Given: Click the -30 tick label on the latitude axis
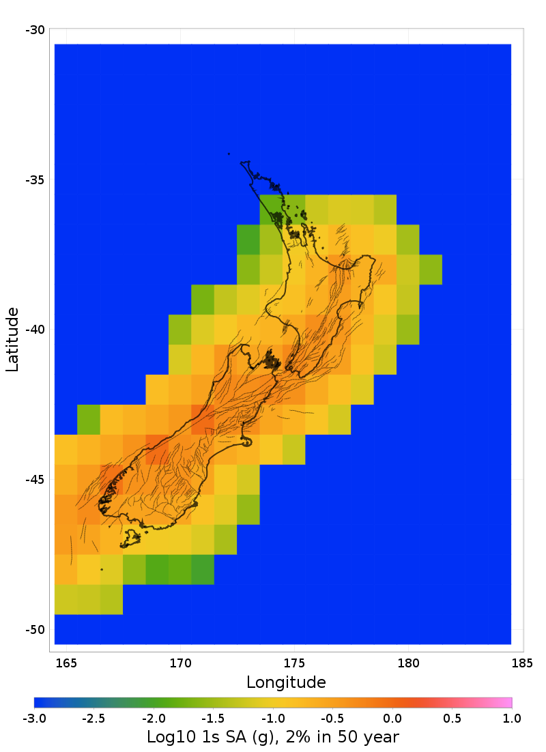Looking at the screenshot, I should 35,30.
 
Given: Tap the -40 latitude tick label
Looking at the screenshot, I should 35,330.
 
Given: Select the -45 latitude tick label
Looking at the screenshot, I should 35,480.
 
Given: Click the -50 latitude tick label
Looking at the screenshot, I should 35,629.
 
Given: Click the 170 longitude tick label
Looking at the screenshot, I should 180,663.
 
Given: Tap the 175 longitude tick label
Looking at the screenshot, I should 294,663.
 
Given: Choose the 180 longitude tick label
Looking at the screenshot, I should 408,663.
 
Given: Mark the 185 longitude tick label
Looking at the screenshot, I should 522,663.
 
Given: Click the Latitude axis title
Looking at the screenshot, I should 12,339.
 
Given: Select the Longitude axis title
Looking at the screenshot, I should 286,682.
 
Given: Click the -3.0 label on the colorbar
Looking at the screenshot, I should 34,719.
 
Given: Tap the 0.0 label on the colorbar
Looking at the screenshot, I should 392,719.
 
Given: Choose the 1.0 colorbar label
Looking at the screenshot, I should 512,719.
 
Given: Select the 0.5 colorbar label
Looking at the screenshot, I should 452,719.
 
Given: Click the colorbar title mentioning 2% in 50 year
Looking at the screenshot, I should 273,737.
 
